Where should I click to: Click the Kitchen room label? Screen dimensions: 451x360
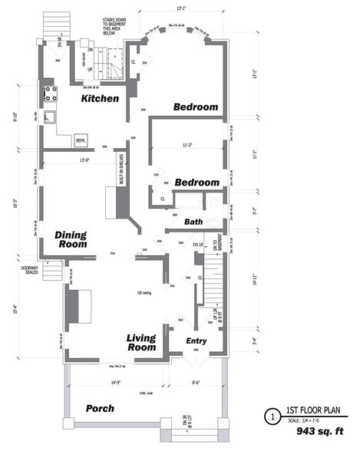tap(100, 99)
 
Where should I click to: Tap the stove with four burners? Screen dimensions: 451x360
tap(53, 95)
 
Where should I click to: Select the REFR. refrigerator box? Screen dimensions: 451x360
tap(80, 141)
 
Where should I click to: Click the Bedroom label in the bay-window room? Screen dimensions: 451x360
tap(195, 107)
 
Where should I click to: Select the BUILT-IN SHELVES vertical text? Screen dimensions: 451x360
tap(121, 173)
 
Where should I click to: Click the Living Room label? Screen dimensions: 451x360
tap(141, 342)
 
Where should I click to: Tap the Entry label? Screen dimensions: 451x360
tap(197, 341)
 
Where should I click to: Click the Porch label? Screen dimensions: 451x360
tap(100, 408)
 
